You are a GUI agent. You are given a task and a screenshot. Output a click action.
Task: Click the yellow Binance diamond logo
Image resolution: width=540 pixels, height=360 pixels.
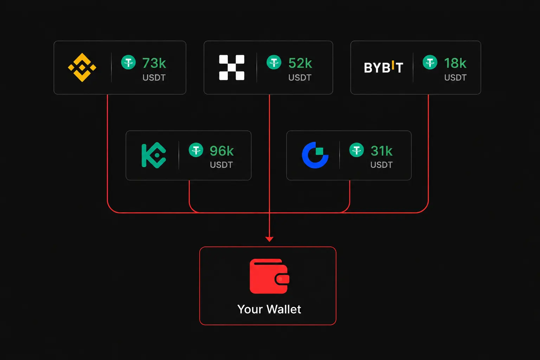[82, 67]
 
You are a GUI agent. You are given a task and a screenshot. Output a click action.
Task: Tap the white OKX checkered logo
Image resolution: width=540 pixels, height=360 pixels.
[232, 67]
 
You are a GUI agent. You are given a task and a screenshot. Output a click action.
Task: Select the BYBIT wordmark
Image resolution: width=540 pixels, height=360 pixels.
[383, 67]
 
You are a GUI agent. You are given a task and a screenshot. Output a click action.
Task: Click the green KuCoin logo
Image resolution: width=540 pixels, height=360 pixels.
[154, 155]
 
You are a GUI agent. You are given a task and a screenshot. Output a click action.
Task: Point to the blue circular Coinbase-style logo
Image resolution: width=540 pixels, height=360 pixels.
[315, 155]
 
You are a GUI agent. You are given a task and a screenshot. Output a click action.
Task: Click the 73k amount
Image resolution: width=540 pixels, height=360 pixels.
[154, 63]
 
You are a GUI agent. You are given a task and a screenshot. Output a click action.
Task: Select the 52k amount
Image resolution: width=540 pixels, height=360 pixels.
[300, 63]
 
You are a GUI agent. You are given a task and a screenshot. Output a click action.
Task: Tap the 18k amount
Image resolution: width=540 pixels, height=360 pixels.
[455, 63]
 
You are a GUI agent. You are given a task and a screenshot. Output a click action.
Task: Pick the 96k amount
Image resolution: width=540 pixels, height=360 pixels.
[221, 151]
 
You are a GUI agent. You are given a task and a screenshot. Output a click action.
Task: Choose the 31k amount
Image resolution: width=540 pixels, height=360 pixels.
[381, 151]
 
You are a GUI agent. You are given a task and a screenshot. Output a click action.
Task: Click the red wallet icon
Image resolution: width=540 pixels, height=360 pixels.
[270, 276]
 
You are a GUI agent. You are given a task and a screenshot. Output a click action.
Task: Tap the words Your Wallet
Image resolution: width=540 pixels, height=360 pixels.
[269, 309]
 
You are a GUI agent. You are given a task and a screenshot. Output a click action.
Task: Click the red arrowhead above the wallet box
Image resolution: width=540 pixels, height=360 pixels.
[269, 239]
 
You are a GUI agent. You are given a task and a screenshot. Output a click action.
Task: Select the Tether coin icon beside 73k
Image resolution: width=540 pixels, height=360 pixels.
[128, 62]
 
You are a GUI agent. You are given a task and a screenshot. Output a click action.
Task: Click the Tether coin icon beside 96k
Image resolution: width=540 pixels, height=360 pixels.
[196, 150]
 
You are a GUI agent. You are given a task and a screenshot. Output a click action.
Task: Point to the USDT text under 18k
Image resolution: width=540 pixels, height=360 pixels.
[455, 78]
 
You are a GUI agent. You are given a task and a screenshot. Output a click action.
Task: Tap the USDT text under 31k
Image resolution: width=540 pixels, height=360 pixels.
[381, 165]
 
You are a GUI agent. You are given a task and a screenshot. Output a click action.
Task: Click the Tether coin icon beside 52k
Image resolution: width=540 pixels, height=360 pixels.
[274, 62]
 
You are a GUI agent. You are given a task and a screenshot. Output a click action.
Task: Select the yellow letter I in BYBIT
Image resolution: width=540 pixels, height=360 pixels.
[393, 65]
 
